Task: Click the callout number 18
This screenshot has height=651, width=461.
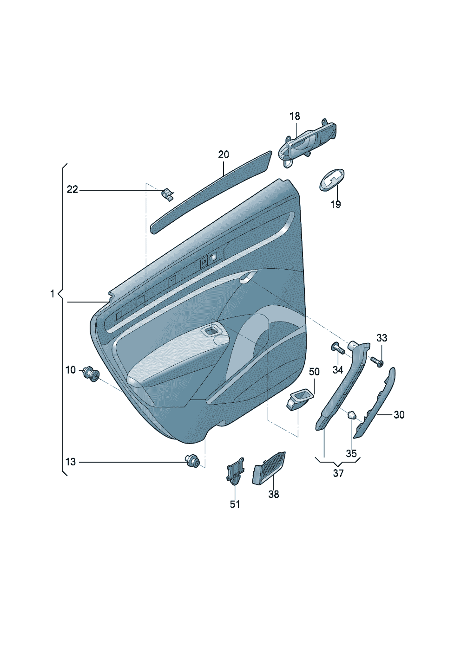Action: coord(295,116)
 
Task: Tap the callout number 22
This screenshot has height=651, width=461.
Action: coord(72,190)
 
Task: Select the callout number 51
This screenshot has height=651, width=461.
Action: coord(235,504)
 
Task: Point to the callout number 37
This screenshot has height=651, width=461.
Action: coord(338,473)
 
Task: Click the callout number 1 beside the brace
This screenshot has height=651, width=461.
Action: coord(53,294)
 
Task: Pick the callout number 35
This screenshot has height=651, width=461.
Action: coord(351,453)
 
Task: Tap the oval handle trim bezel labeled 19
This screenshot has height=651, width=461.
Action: coord(332,180)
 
